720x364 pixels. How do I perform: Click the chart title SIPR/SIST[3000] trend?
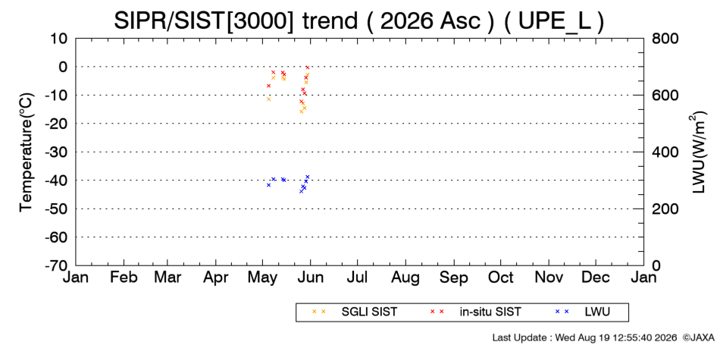click(236, 20)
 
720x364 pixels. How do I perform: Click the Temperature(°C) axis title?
click(27, 152)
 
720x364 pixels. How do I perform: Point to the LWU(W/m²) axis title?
click(697, 152)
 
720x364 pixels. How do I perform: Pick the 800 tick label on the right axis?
click(665, 39)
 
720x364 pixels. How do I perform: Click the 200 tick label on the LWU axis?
click(665, 209)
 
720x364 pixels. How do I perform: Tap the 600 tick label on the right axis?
click(665, 96)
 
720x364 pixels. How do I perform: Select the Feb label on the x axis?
click(124, 278)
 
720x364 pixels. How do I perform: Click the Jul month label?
click(357, 278)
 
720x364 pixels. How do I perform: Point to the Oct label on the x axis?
click(500, 278)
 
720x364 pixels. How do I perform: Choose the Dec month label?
click(596, 278)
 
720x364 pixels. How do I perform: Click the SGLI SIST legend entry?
click(369, 312)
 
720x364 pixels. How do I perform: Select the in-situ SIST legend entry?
click(490, 312)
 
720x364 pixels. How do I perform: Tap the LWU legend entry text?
click(597, 312)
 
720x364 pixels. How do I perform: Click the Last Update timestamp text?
click(584, 337)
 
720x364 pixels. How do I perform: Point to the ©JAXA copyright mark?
click(699, 337)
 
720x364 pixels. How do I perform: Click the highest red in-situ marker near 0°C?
click(308, 67)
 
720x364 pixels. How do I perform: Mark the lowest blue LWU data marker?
click(301, 191)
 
